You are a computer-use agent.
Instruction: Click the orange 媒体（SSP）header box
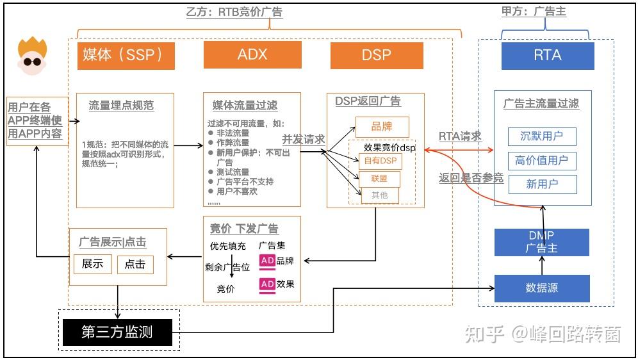point(126,55)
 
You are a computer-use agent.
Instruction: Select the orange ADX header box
point(252,55)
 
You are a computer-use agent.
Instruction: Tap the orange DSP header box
point(377,55)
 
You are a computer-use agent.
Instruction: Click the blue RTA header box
point(547,56)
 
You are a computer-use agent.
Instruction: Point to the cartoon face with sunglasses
point(32,56)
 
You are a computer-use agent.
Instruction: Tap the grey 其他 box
point(380,195)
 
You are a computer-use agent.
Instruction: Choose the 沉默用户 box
point(542,137)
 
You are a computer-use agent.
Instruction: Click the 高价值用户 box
point(542,161)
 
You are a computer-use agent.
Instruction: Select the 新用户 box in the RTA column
point(542,184)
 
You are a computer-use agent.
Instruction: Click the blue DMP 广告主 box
point(541,242)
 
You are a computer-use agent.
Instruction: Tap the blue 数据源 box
point(541,288)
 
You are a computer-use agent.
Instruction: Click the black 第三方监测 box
point(118,332)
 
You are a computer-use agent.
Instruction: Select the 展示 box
point(93,264)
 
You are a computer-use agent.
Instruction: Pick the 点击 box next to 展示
point(135,264)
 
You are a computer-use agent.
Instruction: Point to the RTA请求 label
point(460,136)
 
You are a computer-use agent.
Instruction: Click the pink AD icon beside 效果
point(267,284)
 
